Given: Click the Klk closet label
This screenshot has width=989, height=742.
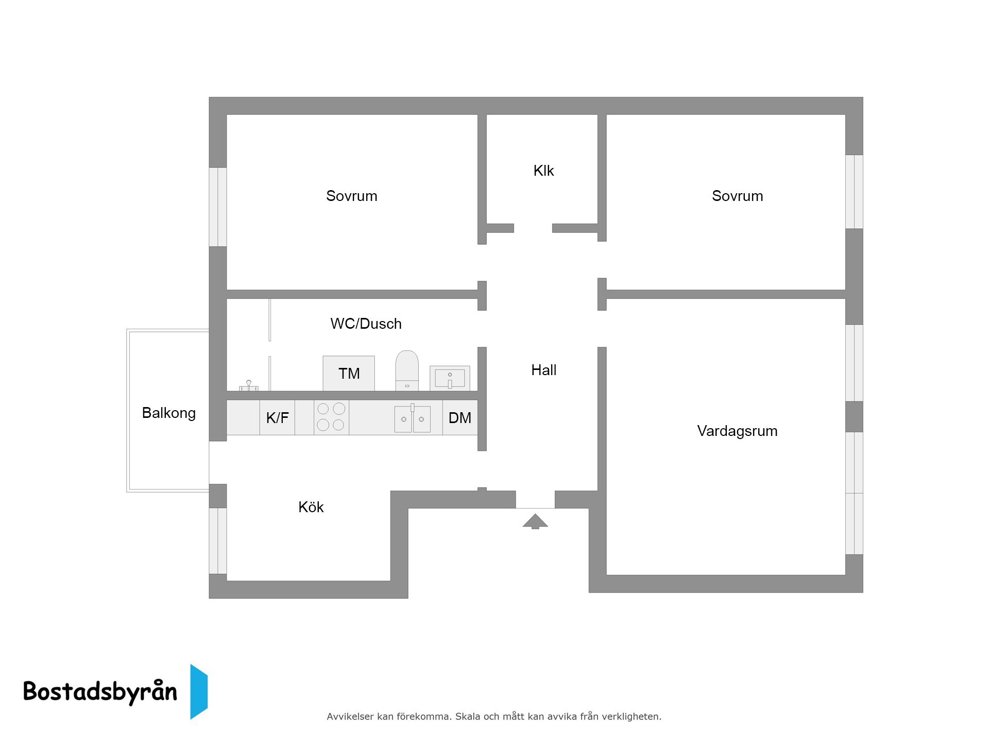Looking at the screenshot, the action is (543, 171).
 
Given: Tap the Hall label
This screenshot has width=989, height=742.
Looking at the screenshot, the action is (544, 370).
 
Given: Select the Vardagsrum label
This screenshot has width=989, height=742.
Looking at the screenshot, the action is (737, 431).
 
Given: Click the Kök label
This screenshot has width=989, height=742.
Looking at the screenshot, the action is (311, 507).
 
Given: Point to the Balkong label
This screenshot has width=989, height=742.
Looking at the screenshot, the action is (168, 413).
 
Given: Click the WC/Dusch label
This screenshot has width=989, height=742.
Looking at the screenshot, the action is (366, 324).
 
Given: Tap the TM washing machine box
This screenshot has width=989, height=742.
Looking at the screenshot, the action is (349, 373).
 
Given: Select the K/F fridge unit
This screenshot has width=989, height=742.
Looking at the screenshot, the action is (277, 417).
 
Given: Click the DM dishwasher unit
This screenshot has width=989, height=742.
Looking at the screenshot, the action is (460, 417).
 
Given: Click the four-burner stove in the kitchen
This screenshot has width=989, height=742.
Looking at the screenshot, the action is (331, 417).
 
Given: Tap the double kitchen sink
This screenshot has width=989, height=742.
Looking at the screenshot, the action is (412, 418).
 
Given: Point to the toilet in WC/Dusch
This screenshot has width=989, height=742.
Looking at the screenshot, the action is (407, 370).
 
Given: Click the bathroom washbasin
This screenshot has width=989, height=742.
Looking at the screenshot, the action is (450, 378).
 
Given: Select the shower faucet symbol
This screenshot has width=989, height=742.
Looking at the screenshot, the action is (249, 386).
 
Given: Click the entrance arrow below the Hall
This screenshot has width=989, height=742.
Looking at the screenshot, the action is (535, 521).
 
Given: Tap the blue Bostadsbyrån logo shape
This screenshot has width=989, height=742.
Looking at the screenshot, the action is (199, 692).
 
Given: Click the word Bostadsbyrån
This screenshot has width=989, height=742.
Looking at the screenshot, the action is (100, 692).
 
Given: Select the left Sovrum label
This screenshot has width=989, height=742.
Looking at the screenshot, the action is (352, 196).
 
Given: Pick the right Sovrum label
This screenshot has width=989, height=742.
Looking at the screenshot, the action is (738, 196).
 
